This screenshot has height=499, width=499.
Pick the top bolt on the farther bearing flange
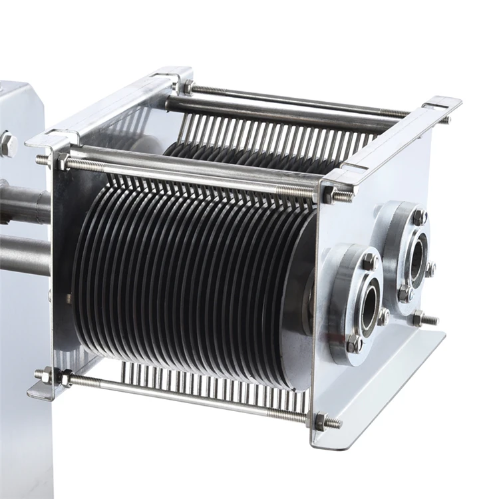(419, 216)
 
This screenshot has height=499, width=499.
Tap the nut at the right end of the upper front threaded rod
(329, 192)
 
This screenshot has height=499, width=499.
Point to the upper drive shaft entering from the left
(23, 203)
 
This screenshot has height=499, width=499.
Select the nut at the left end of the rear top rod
(188, 86)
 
